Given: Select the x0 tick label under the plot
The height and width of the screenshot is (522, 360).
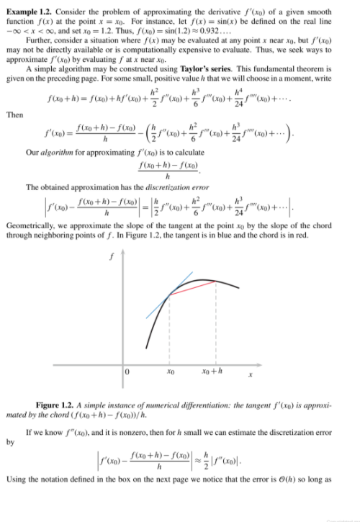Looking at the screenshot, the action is pyautogui.click(x=171, y=372).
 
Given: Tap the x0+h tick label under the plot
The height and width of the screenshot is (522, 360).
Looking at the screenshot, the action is pyautogui.click(x=215, y=372).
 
